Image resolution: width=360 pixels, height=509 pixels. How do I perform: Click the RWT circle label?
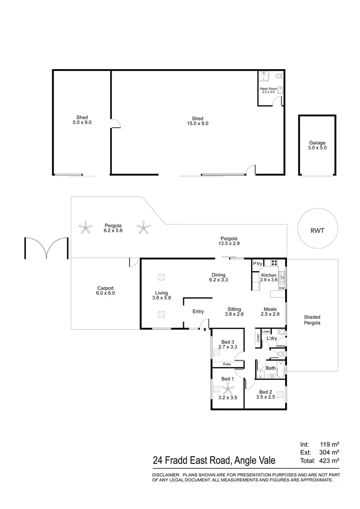[318, 231]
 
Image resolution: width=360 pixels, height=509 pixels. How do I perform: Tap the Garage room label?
[317, 145]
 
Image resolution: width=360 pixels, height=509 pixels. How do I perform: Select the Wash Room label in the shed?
[268, 90]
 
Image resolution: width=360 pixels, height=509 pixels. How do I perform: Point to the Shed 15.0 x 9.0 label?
[197, 121]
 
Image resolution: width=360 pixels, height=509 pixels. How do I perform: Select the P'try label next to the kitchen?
[258, 264]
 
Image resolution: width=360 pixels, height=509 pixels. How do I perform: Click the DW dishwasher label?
[282, 288]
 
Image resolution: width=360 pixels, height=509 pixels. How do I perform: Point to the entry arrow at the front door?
[206, 330]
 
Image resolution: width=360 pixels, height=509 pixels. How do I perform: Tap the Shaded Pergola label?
[312, 320]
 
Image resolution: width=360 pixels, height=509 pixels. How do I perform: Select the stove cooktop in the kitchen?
[275, 262]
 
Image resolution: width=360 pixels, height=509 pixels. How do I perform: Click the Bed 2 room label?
[265, 394]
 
